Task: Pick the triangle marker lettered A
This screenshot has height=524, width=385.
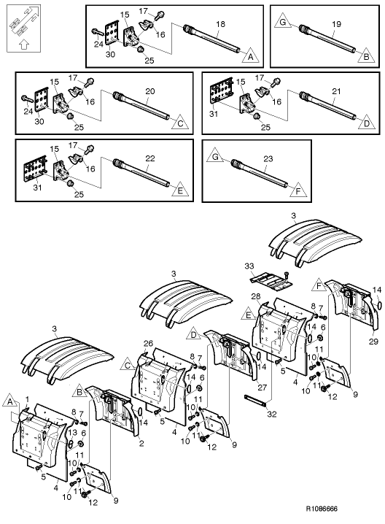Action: [249, 56]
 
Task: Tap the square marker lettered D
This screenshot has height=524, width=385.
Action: [194, 335]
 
